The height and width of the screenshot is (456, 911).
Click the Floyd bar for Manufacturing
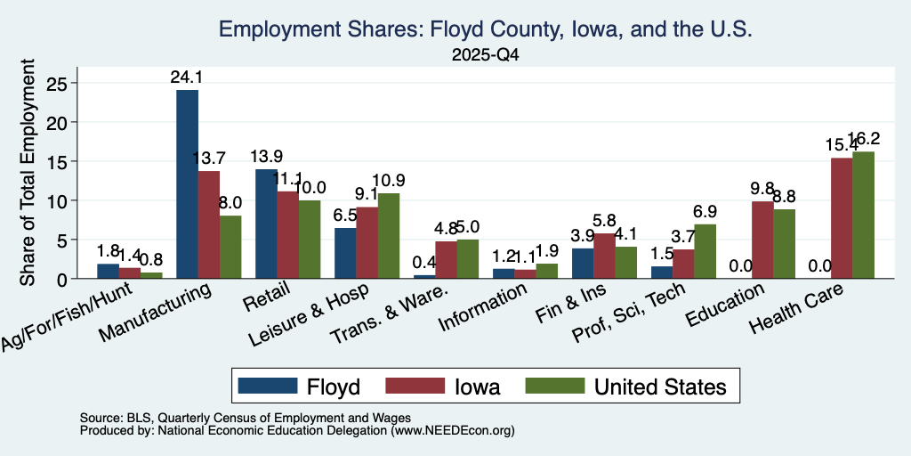click(187, 183)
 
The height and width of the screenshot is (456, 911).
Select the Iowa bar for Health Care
click(842, 218)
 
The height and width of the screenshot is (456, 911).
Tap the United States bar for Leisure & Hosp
click(389, 235)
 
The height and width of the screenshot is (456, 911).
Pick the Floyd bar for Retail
click(266, 224)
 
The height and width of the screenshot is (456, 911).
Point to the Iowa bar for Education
click(762, 240)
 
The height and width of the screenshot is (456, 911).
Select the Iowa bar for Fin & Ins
click(604, 256)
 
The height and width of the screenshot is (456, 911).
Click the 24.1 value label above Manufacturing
click(187, 77)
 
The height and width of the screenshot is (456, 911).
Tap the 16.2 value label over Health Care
click(863, 139)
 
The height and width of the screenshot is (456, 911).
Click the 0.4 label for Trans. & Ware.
click(424, 263)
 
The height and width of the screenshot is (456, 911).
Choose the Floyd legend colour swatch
click(268, 386)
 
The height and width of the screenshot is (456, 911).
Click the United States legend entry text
click(660, 387)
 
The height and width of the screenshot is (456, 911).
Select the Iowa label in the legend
click(477, 387)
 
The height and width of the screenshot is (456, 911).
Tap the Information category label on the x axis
click(483, 306)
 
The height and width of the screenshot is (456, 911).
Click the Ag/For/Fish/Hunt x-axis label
click(67, 316)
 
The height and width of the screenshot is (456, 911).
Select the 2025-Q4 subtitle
click(485, 55)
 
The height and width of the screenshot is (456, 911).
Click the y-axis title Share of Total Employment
click(28, 172)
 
